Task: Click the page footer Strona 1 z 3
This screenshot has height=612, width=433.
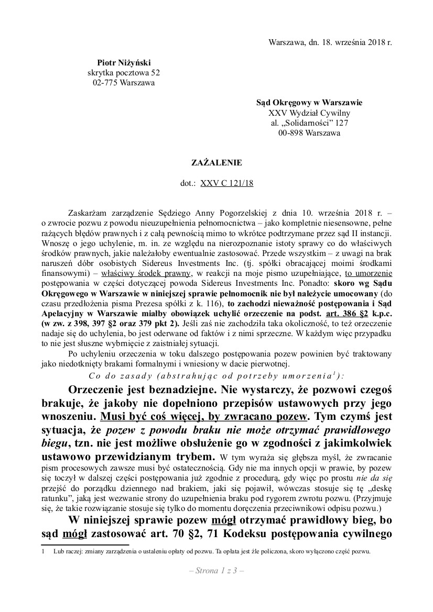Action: [216, 571]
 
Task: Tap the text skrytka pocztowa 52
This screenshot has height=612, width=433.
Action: [120, 73]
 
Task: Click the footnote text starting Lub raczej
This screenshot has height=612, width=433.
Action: [210, 551]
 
